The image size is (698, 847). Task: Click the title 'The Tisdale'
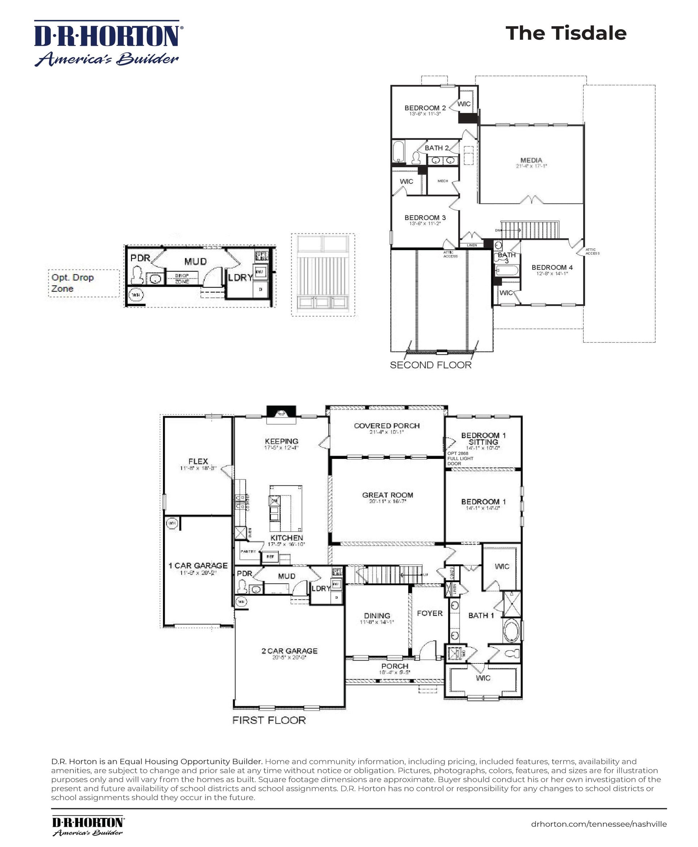click(x=566, y=33)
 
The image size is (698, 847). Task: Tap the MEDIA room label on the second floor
click(x=531, y=160)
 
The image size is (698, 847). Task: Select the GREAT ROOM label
click(x=387, y=495)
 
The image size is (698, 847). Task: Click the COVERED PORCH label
click(x=387, y=426)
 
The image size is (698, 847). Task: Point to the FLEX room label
click(x=198, y=461)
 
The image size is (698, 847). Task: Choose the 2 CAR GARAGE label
click(x=289, y=651)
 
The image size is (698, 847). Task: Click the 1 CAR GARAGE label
click(x=198, y=566)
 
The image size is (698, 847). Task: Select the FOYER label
click(x=430, y=613)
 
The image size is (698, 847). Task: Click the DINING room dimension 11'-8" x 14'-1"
click(x=377, y=622)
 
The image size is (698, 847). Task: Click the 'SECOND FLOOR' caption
click(x=430, y=365)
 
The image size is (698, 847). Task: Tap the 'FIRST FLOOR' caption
click(x=269, y=720)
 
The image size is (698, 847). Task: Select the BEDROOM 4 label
click(x=552, y=267)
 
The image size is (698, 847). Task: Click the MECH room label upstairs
click(x=443, y=181)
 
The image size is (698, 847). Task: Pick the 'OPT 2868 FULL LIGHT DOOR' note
click(x=460, y=459)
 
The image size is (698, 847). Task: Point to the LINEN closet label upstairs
click(x=471, y=245)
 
